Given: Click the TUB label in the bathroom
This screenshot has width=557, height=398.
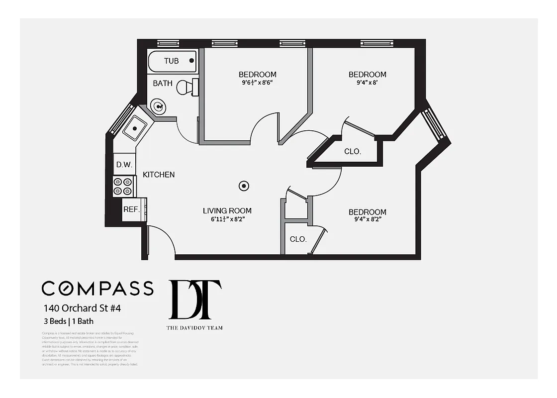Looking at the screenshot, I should (172, 61).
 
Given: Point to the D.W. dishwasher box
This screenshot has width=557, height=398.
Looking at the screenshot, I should (123, 165).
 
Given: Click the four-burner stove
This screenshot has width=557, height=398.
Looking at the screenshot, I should (124, 187).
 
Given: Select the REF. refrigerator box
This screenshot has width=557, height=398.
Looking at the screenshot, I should (132, 209).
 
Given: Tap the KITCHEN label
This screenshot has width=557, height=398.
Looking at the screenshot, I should (159, 175).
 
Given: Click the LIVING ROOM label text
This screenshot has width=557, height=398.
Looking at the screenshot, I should (227, 211).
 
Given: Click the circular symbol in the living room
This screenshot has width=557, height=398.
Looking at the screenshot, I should (244, 186).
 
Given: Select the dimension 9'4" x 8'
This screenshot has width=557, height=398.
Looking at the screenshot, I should (367, 83).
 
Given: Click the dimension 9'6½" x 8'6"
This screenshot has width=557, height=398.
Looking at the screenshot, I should (257, 83).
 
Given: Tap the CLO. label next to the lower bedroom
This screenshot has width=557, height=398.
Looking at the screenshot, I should (298, 239).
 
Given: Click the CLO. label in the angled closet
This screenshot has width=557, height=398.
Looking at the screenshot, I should (353, 151).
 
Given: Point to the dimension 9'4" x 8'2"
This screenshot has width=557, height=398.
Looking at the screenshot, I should (367, 220).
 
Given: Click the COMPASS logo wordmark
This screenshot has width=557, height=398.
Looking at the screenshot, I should (97, 289).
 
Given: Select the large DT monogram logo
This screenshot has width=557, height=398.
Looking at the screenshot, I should (195, 299).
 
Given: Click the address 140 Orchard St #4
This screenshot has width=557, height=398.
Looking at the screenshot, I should (82, 308).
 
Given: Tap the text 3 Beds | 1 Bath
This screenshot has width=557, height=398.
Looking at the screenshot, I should (69, 321).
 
